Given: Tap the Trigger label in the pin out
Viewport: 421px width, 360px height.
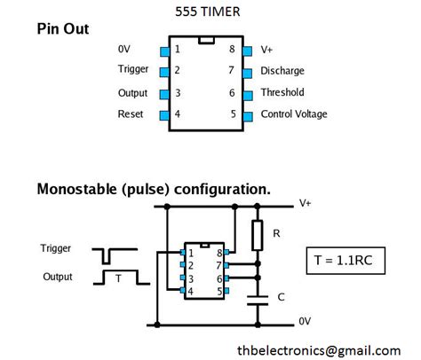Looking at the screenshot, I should click(x=133, y=70).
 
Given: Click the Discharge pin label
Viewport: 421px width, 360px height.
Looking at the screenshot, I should click(x=282, y=71).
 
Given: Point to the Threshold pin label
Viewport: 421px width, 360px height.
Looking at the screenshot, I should click(x=282, y=92).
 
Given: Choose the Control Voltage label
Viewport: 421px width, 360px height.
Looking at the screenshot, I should click(x=293, y=114).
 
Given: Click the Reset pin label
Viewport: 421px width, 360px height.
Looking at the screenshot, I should click(x=131, y=114).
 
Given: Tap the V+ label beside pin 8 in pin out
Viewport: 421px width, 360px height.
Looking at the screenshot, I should click(x=267, y=50).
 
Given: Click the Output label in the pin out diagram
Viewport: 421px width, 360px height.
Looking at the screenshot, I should click(x=132, y=92).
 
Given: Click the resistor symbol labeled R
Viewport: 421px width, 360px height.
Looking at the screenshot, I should click(x=258, y=236).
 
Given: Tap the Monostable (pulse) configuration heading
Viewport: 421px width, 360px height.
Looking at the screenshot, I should click(x=153, y=190).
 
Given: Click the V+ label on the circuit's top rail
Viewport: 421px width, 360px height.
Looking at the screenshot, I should click(x=306, y=203).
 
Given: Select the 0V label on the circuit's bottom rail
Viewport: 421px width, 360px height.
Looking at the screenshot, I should click(x=305, y=320).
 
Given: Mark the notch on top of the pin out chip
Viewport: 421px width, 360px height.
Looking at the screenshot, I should click(x=205, y=41).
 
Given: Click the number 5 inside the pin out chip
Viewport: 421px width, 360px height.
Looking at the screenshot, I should click(x=233, y=114).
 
